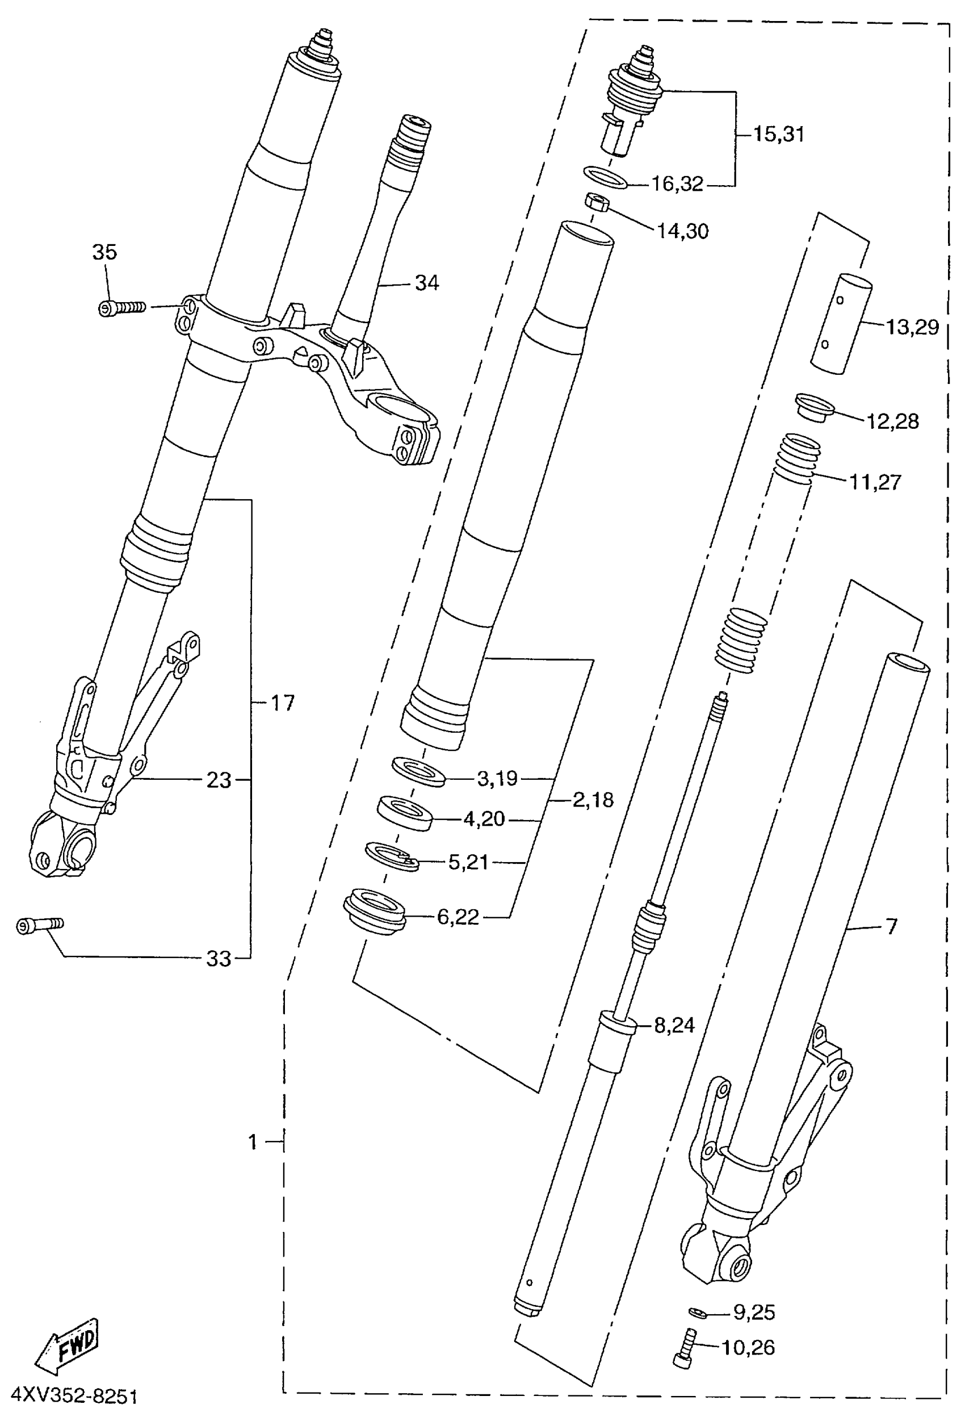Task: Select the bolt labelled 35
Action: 122,308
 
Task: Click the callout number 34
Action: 427,283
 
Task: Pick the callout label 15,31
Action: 778,134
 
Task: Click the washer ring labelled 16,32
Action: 605,177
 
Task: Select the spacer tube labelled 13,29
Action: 842,324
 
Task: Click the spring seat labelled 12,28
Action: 815,407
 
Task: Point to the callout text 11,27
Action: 875,482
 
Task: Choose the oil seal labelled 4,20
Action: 405,812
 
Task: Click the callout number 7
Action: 891,926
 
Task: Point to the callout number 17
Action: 282,703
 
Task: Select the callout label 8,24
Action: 674,1026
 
